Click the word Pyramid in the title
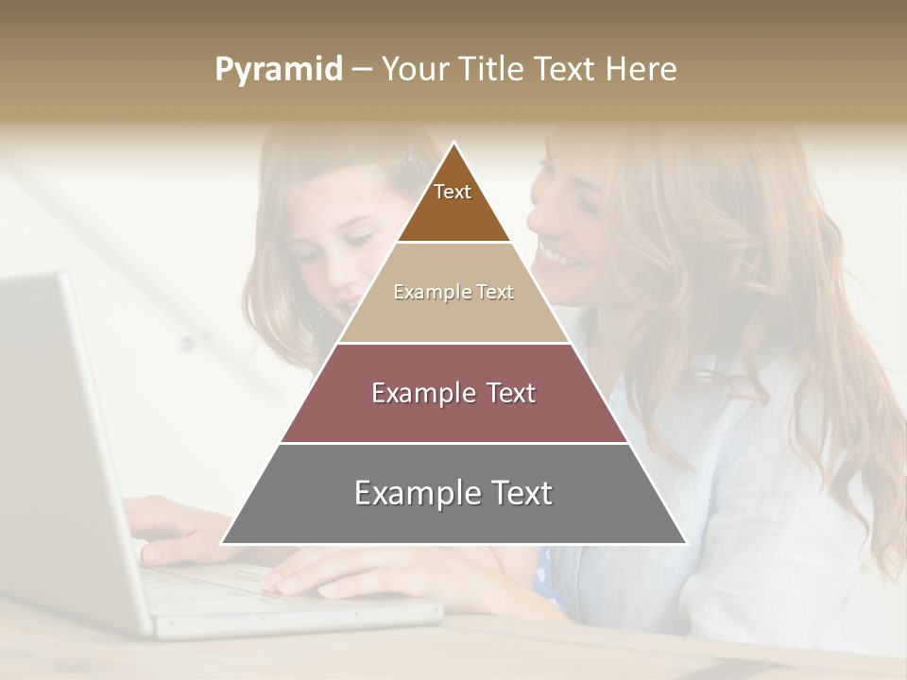point(279,70)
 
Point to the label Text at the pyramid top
point(453,192)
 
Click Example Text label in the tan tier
point(453,292)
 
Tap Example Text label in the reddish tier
point(453,393)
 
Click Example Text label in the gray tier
point(453,493)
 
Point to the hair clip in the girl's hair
point(412,157)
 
